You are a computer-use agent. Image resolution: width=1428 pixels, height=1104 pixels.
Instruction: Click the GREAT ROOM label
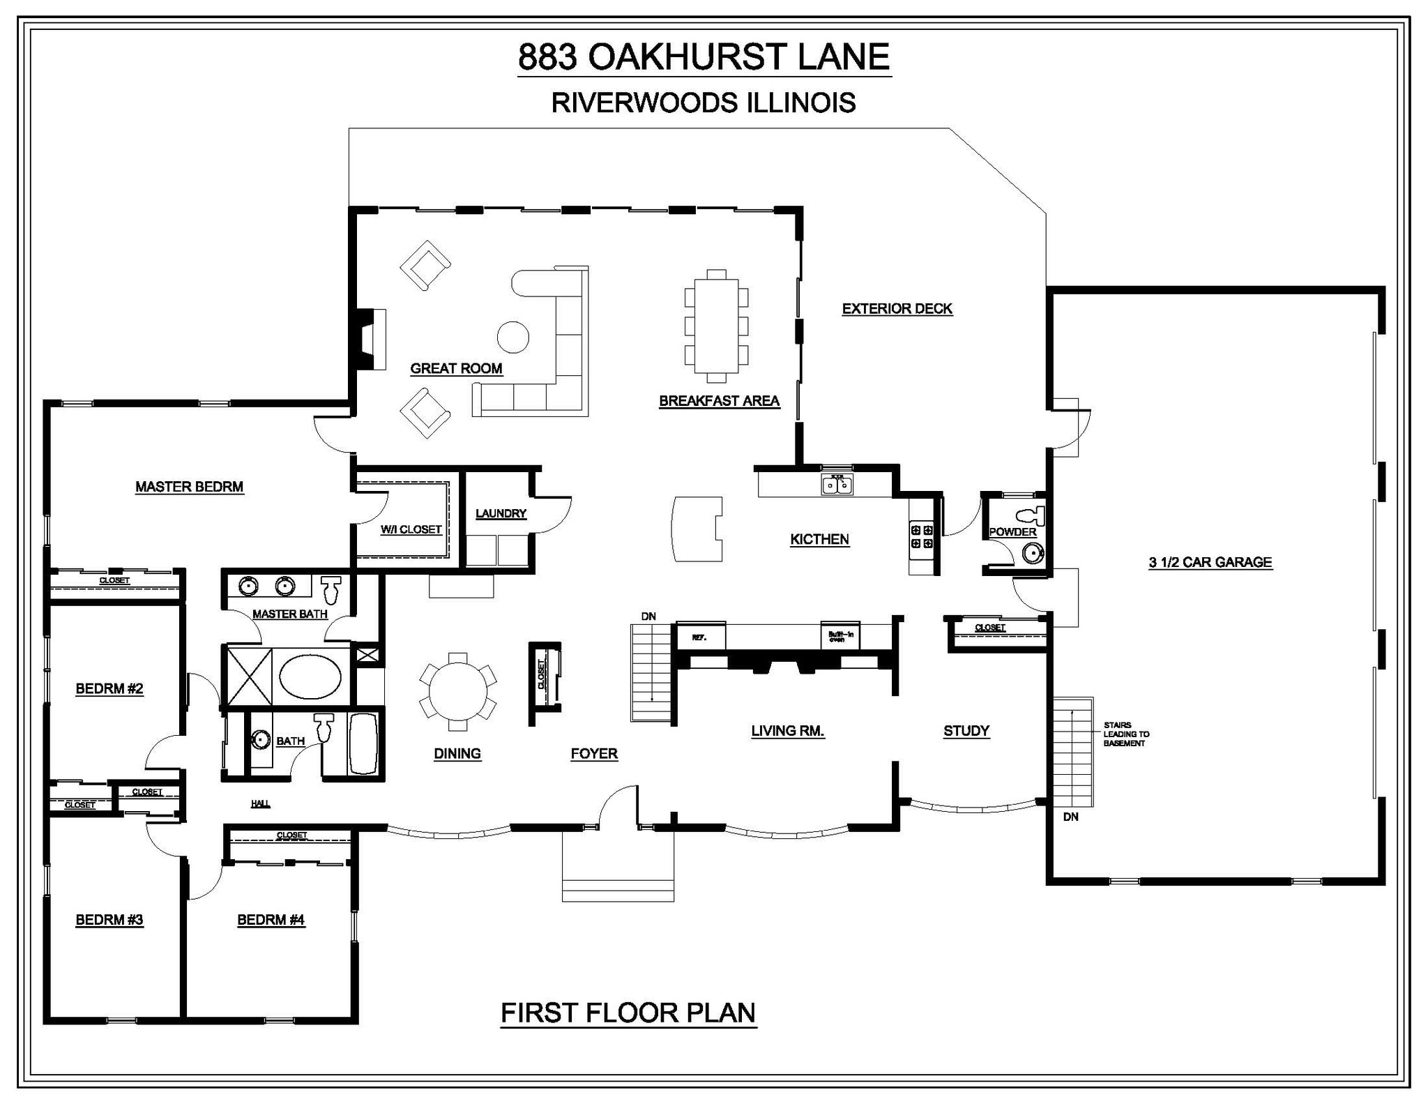click(x=456, y=368)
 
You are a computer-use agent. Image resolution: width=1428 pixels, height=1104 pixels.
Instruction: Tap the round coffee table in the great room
click(x=512, y=337)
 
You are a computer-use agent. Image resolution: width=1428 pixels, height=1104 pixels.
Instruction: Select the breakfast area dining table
click(x=716, y=326)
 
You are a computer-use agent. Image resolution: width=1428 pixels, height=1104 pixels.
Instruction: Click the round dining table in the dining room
click(x=457, y=691)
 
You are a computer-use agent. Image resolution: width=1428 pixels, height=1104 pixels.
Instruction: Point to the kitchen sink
click(x=837, y=483)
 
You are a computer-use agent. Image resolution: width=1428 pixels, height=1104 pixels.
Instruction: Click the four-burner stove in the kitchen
click(x=922, y=537)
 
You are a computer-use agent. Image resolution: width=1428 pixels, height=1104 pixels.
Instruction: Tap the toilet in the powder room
click(x=1031, y=515)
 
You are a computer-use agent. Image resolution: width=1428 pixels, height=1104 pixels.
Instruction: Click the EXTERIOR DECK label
click(x=897, y=309)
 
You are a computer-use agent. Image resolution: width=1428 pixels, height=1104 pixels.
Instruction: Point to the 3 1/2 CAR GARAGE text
click(x=1210, y=562)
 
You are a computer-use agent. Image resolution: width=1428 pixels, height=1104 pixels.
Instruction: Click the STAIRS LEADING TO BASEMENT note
click(x=1125, y=734)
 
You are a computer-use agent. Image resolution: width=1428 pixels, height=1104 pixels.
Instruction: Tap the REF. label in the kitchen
click(x=699, y=637)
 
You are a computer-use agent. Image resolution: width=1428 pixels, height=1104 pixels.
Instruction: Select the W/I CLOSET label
click(x=411, y=529)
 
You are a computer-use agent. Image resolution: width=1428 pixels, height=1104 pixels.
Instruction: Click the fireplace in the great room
click(x=370, y=339)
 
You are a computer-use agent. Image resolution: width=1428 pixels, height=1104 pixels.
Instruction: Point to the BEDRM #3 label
click(x=109, y=920)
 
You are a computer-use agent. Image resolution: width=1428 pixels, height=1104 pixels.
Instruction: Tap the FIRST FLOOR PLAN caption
click(x=628, y=1013)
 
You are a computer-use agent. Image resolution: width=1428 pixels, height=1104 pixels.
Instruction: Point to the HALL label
click(x=260, y=803)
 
